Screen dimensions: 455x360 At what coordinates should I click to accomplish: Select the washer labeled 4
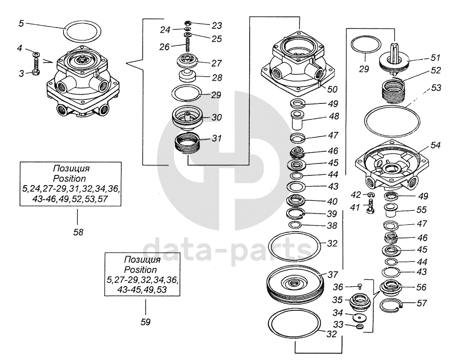click(x=36, y=54)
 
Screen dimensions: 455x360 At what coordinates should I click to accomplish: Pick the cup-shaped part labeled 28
click(x=188, y=75)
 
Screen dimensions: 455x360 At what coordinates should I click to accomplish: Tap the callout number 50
click(x=332, y=89)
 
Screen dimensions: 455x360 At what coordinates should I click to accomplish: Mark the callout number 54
click(x=435, y=146)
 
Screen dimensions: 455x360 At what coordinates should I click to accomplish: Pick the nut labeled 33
click(x=359, y=327)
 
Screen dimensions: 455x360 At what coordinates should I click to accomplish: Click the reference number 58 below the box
click(x=78, y=232)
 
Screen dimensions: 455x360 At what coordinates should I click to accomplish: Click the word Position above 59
click(x=140, y=269)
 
